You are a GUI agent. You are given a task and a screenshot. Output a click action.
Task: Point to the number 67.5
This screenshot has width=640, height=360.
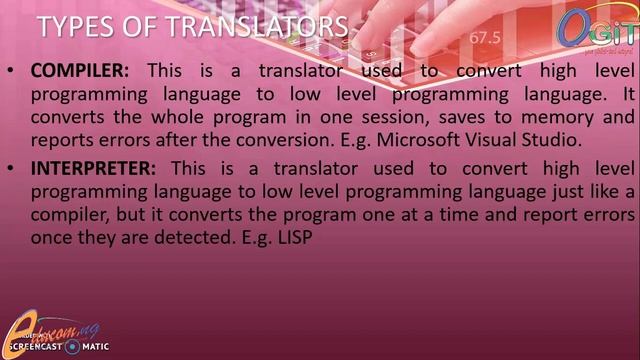point(483,38)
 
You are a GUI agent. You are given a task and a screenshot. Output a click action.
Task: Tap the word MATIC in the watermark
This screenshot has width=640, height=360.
point(94,347)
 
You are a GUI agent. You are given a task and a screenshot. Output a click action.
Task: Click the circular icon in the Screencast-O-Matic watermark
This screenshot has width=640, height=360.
point(71,347)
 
